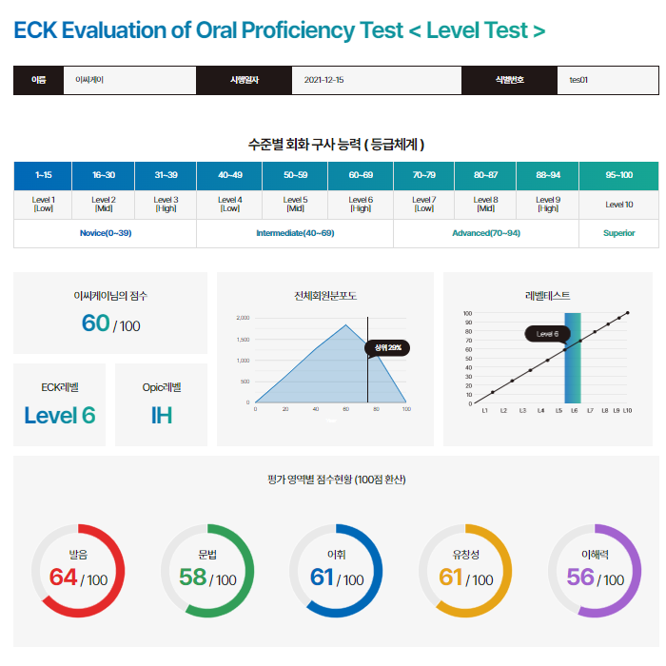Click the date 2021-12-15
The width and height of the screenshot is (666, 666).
coord(323,80)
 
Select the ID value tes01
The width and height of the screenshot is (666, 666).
coord(578,80)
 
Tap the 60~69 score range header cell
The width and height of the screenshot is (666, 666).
coord(361,175)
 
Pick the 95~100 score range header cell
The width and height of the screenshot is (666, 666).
coord(618,175)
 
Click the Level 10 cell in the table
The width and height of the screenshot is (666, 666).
coord(618,205)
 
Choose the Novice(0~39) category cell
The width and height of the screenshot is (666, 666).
coord(105,233)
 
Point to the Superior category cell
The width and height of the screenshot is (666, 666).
coord(618,233)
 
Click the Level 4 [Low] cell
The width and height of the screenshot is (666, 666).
coord(229,205)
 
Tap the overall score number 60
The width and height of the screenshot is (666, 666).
coord(95,323)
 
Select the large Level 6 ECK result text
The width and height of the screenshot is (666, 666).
coord(60,415)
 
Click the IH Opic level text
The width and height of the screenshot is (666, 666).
coord(161,415)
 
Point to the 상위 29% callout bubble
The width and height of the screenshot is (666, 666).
coord(387,347)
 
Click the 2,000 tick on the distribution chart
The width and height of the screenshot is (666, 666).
coord(242,318)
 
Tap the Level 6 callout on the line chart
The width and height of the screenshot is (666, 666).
coord(547,334)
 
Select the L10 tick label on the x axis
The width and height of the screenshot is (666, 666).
coord(627,410)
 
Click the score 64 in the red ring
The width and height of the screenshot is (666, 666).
coord(63,578)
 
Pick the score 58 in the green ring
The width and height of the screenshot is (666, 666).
coord(192,578)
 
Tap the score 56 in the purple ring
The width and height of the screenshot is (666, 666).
coord(580,578)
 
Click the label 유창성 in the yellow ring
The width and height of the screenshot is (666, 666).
coord(466,554)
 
